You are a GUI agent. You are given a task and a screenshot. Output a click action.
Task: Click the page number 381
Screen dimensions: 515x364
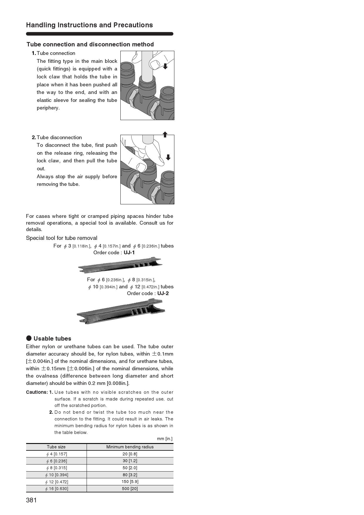(31, 500)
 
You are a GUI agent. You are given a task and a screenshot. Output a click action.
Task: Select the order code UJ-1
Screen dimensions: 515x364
(129, 253)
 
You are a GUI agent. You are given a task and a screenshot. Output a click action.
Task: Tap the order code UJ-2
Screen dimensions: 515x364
(163, 293)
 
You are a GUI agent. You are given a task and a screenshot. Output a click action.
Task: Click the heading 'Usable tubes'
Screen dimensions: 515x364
(52, 339)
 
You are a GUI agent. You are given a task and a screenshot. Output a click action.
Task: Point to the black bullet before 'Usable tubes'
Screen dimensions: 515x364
(29, 338)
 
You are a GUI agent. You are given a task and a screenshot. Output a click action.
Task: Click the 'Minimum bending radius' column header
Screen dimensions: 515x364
(130, 447)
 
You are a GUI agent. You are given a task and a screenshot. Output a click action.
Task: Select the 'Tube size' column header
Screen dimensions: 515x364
(56, 447)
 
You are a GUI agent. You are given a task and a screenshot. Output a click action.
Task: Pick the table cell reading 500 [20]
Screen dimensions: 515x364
(130, 489)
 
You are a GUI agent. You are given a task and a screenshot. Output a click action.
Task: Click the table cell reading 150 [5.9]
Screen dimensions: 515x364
(130, 482)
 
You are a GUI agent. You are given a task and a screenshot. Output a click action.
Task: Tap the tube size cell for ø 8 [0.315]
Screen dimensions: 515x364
(56, 468)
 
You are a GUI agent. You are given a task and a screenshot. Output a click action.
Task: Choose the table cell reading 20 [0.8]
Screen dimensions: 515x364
(130, 454)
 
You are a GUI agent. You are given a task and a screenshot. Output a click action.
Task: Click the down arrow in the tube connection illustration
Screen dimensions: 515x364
(165, 66)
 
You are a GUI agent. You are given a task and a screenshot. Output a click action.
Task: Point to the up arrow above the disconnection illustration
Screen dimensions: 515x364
(165, 134)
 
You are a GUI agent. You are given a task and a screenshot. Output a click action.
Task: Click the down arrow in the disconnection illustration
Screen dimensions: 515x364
(168, 157)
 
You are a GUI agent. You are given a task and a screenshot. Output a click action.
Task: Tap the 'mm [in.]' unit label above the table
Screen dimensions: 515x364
(165, 439)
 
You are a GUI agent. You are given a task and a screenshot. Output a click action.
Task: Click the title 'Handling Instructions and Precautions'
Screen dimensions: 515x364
(90, 25)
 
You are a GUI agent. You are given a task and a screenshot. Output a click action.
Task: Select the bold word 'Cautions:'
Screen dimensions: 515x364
(37, 392)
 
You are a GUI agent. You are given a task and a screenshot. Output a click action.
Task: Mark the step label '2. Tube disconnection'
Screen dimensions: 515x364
(57, 137)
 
